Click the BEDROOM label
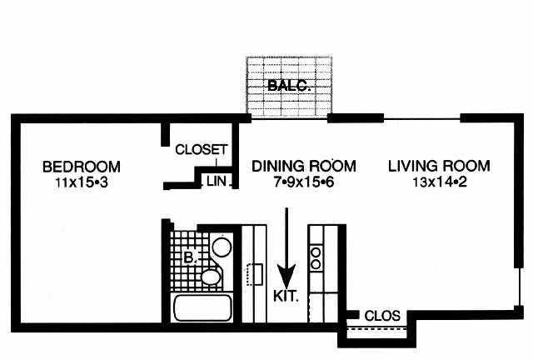(x=82, y=167)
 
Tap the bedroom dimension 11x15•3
(x=82, y=182)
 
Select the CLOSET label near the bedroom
(x=202, y=149)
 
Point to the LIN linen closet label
(x=217, y=181)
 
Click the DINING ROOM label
(x=304, y=166)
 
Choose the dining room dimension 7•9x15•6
(x=304, y=182)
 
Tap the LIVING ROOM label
(x=439, y=166)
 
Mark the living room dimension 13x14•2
(x=440, y=182)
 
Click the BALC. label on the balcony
(x=289, y=85)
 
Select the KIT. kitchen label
(x=286, y=296)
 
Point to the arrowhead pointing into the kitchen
(x=286, y=277)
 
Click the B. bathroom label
(x=191, y=257)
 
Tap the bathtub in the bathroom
(x=203, y=308)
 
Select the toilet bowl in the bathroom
(x=211, y=277)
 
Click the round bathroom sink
(x=222, y=247)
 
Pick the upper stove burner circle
(x=316, y=252)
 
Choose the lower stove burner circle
(x=316, y=264)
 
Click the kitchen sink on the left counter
(x=255, y=274)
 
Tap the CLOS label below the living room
(x=382, y=316)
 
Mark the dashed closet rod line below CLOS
(x=376, y=329)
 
